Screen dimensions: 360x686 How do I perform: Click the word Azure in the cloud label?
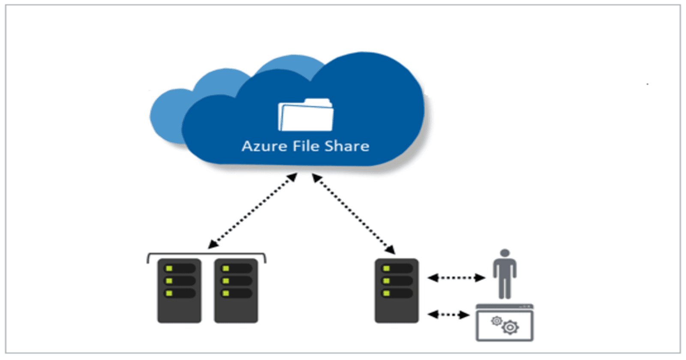coord(264,146)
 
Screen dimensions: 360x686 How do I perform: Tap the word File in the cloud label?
coord(306,146)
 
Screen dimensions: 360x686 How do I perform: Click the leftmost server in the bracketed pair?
coord(179,291)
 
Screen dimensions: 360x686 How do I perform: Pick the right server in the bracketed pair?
coord(236,291)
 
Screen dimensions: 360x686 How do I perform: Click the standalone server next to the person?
coord(397,291)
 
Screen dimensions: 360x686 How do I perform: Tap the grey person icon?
coord(505,276)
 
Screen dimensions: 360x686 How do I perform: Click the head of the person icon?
coord(505,253)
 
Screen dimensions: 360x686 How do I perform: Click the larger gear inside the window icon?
coord(510,328)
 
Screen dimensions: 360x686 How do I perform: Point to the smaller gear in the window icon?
coord(496,321)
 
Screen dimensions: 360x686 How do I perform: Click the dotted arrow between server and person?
coord(457,278)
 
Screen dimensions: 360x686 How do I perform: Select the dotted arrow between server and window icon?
coord(448,315)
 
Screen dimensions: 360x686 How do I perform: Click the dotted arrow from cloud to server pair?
coord(253,211)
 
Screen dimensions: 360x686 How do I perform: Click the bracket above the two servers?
coord(207,255)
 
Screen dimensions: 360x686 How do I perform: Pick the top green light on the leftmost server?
coord(169,268)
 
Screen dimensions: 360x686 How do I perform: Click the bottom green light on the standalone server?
coord(387,293)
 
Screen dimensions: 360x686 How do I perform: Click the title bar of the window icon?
coord(505,307)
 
